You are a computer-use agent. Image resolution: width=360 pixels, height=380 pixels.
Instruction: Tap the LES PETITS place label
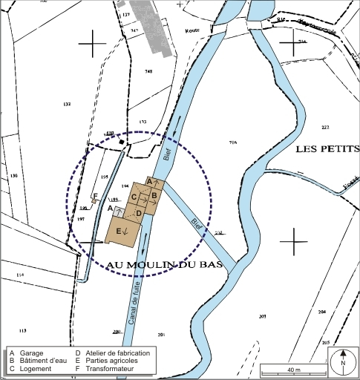click(x=327, y=149)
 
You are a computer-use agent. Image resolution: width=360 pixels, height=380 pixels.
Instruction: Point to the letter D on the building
click(x=139, y=214)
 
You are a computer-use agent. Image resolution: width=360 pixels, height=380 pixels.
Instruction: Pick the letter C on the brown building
click(x=134, y=197)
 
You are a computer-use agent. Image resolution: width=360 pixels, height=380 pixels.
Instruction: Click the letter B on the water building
click(x=154, y=194)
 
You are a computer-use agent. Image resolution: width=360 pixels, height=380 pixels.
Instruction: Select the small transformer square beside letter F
click(x=94, y=200)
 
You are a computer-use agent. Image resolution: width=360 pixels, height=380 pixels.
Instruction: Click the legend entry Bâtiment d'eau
click(x=42, y=361)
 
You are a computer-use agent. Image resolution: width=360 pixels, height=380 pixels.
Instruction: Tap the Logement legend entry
click(x=36, y=369)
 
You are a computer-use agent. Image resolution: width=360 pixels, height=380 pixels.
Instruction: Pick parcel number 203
click(x=262, y=317)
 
